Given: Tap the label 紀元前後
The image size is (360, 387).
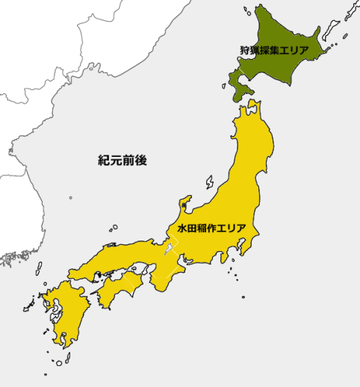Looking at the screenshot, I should (123, 160).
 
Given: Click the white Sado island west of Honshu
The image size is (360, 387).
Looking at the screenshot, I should (208, 182).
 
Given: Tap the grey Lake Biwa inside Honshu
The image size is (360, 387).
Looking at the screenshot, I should (170, 250).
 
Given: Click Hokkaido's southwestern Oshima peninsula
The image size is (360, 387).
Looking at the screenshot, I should (235, 86).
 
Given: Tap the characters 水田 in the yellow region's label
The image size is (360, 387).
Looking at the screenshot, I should (186, 228).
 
